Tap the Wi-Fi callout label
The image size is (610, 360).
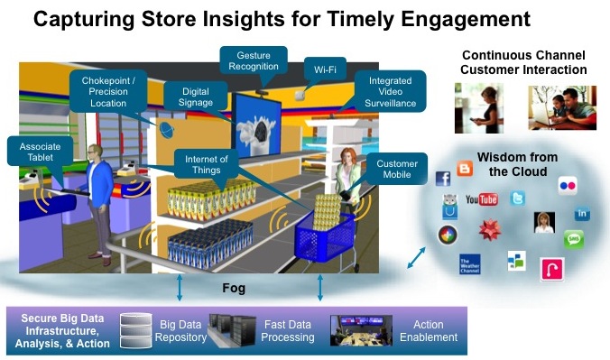[321, 69]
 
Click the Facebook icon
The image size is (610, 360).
[443, 179]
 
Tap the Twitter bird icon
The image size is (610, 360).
[517, 198]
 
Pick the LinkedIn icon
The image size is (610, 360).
[582, 215]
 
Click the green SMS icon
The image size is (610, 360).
[574, 239]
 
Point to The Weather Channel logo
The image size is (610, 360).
[470, 264]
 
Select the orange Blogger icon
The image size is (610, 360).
[465, 169]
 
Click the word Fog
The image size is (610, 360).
[235, 290]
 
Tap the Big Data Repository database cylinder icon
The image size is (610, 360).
[137, 330]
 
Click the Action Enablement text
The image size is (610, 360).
[429, 330]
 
